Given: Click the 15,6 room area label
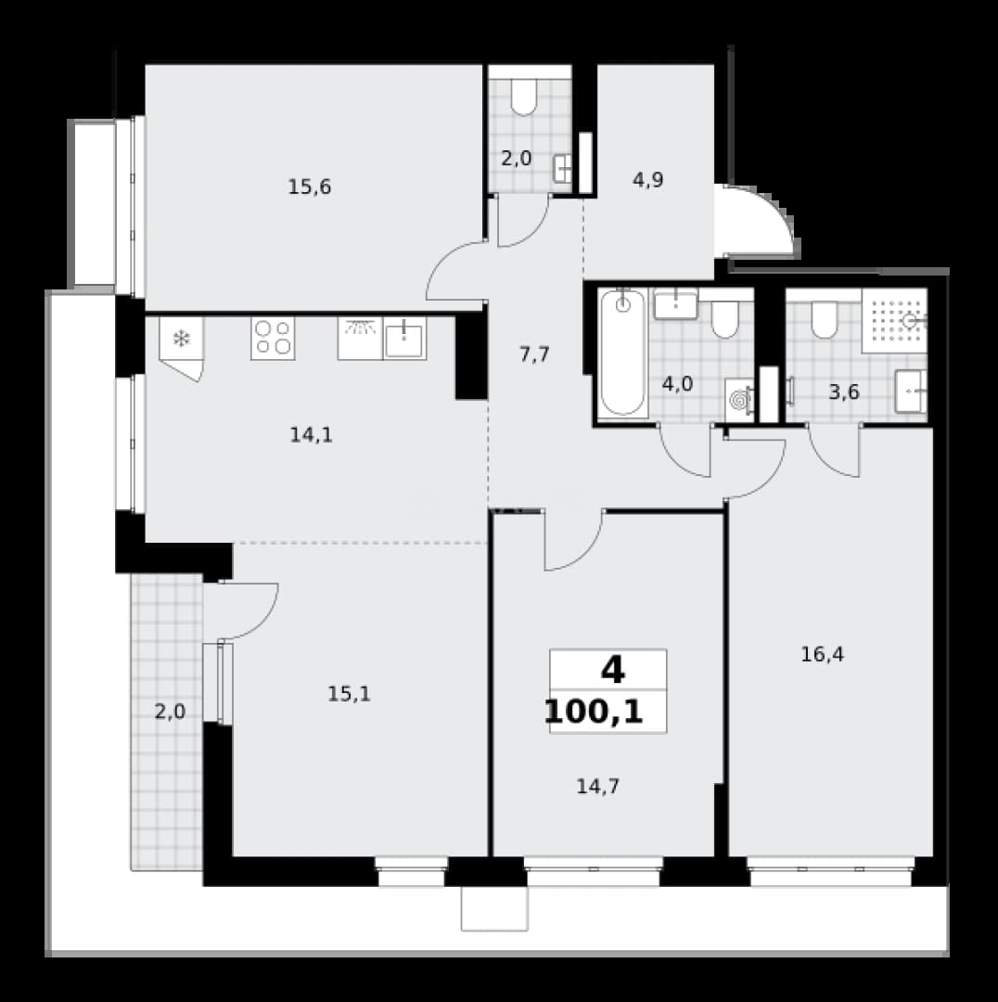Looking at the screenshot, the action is (309, 187).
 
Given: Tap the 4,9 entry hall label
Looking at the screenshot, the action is (648, 180).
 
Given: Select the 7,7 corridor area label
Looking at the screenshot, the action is (534, 354).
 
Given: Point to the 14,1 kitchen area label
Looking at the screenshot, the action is (311, 435).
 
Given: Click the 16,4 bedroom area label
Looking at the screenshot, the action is (823, 654).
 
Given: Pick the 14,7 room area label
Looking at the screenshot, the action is (598, 787).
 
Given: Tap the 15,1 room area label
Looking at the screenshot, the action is (349, 694).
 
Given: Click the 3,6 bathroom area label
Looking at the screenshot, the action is (844, 392).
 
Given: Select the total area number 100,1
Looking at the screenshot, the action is (594, 712).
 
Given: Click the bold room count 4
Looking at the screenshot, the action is (612, 671).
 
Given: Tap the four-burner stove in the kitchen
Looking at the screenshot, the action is (273, 338).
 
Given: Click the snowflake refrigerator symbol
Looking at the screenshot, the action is (182, 339).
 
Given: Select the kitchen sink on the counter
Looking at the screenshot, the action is (404, 339).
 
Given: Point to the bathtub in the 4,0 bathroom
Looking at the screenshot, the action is (623, 353).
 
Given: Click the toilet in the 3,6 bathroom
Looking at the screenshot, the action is (825, 320).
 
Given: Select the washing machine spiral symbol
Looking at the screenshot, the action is (739, 401).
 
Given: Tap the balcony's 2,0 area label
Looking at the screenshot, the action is (170, 712).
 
